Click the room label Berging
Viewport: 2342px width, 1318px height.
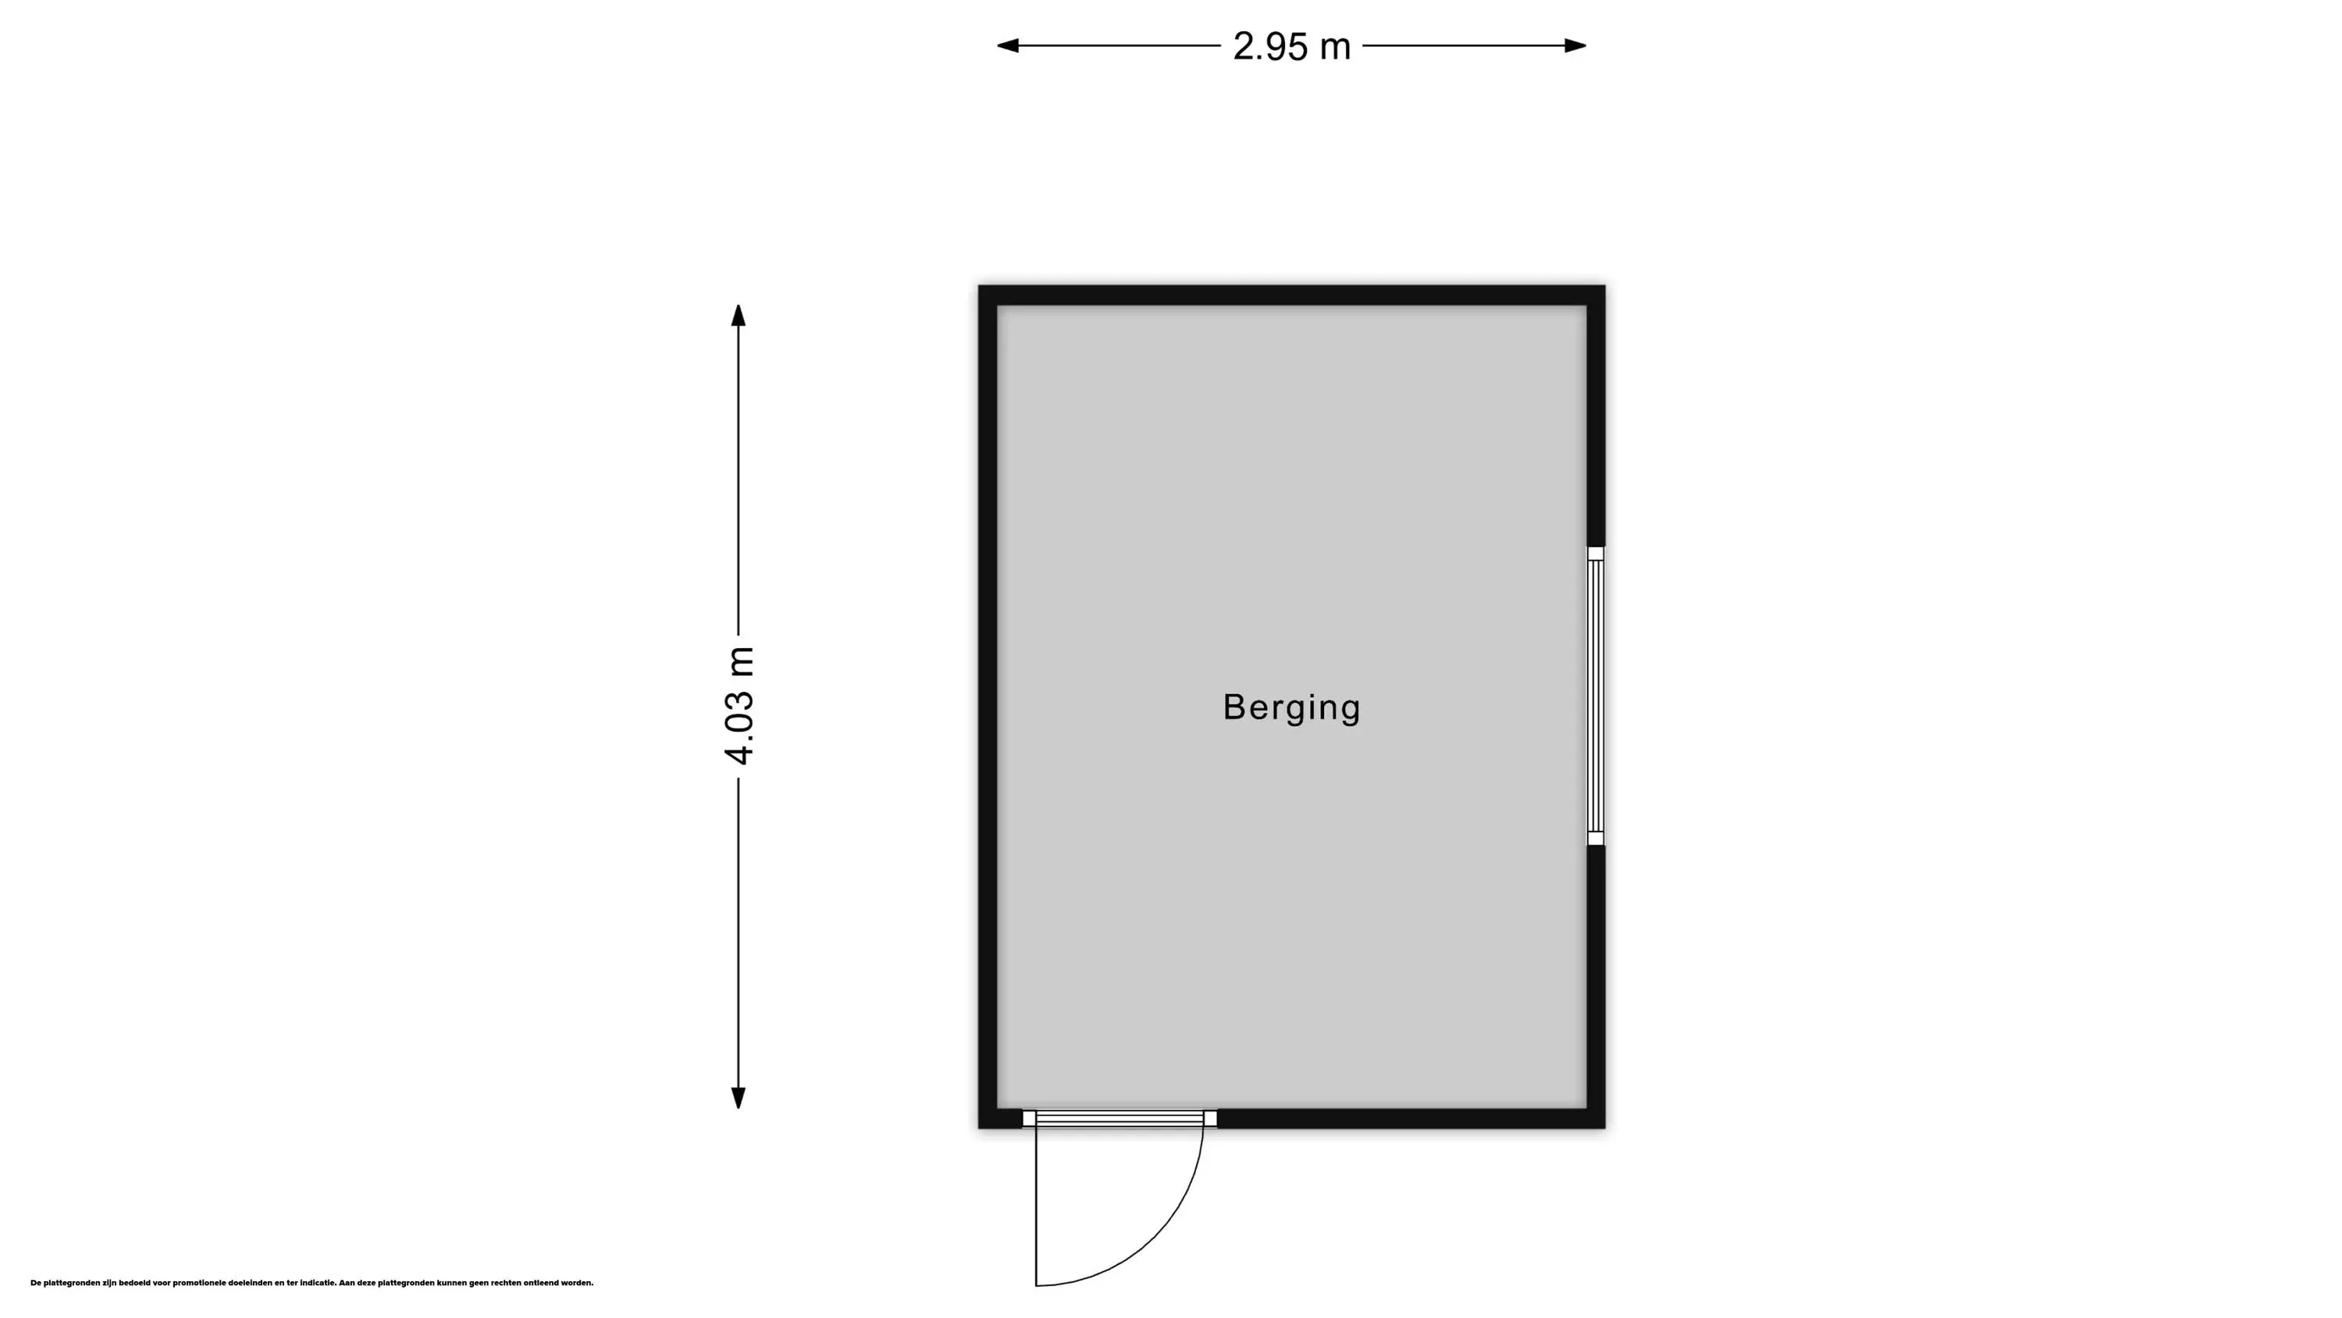[x=1291, y=708]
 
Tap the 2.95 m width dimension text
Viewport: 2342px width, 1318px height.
[x=1292, y=46]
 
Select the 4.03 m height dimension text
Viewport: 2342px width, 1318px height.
[x=739, y=706]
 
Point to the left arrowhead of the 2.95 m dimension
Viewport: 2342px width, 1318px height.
[x=1007, y=45]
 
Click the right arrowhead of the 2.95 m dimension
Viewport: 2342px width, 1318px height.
[x=1575, y=45]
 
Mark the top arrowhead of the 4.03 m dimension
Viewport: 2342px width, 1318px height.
[x=739, y=315]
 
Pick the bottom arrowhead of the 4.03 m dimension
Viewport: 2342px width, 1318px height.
[x=739, y=1099]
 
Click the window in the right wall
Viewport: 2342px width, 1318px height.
[x=1596, y=696]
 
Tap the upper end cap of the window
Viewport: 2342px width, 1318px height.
[x=1596, y=553]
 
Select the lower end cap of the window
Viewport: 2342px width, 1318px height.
[x=1596, y=839]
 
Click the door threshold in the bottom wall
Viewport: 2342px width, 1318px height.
[x=1120, y=1118]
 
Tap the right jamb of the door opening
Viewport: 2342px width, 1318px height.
[x=1210, y=1118]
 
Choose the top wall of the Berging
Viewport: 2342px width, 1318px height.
[x=1291, y=294]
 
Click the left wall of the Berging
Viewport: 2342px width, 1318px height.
[x=988, y=707]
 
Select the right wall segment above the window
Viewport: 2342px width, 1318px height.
[x=1596, y=415]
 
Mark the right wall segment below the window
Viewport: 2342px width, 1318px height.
[x=1596, y=987]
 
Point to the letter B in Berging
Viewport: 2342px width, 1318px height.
[x=1233, y=707]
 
